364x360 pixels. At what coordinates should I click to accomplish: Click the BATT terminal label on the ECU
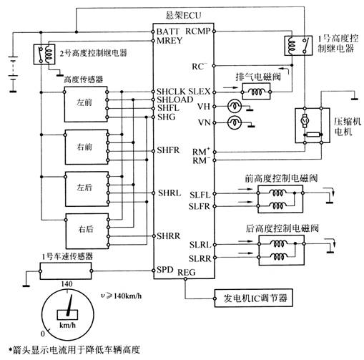(168, 31)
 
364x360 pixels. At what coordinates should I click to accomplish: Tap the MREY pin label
(169, 41)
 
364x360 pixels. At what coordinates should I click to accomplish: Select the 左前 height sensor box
(86, 104)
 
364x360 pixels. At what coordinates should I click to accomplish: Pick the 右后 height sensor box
(87, 231)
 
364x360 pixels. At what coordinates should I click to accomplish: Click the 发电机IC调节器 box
(254, 298)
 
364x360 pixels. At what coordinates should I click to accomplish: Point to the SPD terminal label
(165, 270)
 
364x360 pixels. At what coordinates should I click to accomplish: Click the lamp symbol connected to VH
(235, 107)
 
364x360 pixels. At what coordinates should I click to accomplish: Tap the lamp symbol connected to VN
(235, 123)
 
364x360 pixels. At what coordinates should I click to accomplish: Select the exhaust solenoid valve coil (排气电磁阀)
(256, 92)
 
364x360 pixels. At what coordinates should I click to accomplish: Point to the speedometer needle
(70, 306)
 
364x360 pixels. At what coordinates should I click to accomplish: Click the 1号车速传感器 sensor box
(66, 271)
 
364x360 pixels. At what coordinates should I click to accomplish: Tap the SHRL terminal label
(169, 193)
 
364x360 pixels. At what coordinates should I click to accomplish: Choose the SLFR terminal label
(199, 206)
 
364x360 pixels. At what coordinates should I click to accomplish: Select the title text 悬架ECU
(184, 16)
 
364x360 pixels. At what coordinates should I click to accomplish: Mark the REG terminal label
(187, 273)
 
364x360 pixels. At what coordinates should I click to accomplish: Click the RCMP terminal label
(198, 31)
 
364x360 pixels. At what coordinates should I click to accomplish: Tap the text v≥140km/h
(121, 296)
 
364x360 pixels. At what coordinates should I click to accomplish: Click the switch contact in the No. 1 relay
(305, 46)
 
